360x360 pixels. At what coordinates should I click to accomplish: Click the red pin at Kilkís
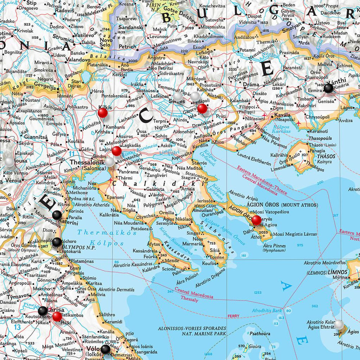pos(103,113)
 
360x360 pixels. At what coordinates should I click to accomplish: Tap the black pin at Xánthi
pos(328,88)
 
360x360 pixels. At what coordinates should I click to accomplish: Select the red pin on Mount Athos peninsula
pos(256,220)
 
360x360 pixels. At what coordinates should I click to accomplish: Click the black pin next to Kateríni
pos(57,215)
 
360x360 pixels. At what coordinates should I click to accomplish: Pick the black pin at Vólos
pos(105,349)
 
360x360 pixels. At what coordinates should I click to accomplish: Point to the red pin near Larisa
pos(57,316)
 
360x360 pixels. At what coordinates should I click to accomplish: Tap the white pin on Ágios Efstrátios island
pos(339,324)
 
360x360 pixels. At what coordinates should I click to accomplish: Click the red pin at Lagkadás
pos(116,151)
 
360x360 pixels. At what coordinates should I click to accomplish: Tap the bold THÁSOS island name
pos(326,157)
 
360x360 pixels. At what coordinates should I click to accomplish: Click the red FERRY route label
pos(233,316)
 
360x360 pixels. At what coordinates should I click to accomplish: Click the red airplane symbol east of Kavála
pos(299,123)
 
